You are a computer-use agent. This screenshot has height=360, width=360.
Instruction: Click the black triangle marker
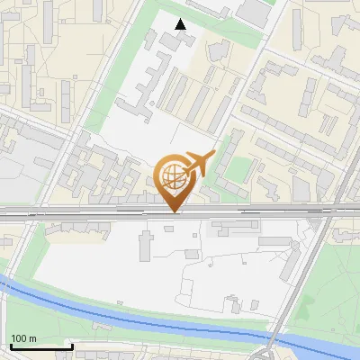(181, 24)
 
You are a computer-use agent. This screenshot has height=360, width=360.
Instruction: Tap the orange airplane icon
(199, 163)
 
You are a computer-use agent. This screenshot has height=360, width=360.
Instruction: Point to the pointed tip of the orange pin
(175, 211)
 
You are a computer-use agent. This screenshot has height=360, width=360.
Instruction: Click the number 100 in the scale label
(19, 338)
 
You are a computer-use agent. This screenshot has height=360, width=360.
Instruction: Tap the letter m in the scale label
(32, 338)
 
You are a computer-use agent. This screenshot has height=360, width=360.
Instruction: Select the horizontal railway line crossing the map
(90, 214)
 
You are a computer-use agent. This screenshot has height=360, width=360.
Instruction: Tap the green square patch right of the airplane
(236, 169)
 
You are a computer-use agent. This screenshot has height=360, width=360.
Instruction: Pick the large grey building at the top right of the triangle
(254, 13)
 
